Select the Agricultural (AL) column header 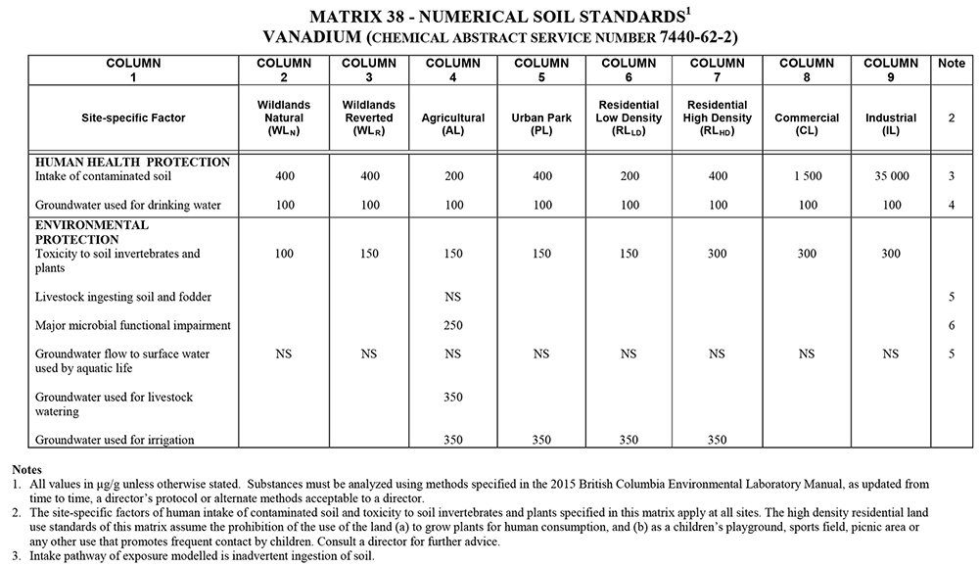452,123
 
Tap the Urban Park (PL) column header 540,123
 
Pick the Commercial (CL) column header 807,123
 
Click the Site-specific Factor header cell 133,118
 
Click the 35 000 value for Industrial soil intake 891,177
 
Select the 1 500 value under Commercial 807,177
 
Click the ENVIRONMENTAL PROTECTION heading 92,232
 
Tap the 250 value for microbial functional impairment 452,325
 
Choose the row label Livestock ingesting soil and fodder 123,297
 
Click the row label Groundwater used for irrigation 115,441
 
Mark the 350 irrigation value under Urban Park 540,441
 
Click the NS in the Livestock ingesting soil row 452,297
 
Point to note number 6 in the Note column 951,325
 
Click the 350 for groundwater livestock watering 452,398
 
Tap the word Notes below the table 27,470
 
